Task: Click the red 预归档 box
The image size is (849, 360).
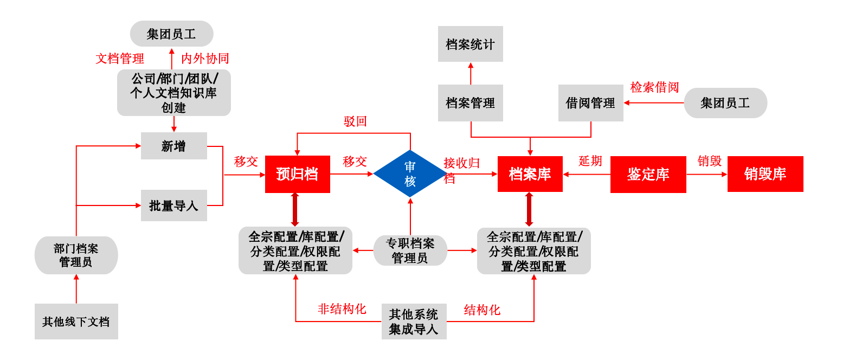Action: [x=297, y=174]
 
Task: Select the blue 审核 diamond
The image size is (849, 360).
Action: [x=410, y=174]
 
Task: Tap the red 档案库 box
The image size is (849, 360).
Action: [x=530, y=174]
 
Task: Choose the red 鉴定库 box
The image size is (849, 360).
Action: [x=648, y=174]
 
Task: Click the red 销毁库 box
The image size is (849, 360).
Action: [x=765, y=174]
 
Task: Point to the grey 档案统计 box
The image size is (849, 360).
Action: [x=470, y=44]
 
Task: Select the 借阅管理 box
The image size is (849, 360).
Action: [x=590, y=103]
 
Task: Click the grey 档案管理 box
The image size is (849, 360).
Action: [x=470, y=103]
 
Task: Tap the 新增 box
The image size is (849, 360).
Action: [x=173, y=146]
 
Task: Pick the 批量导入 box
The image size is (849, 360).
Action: [x=173, y=205]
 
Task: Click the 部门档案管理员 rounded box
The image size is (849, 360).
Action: [x=76, y=255]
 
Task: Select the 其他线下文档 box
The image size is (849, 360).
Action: [x=76, y=322]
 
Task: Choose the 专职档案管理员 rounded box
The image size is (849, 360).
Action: [x=410, y=250]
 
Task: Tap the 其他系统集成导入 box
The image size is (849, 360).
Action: [x=414, y=322]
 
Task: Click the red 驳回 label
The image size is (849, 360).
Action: [x=355, y=121]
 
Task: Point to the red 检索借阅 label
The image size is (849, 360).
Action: [x=654, y=87]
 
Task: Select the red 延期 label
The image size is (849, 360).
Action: [x=590, y=161]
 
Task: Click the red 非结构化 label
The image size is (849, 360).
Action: [x=342, y=309]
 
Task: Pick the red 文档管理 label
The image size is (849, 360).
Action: [x=120, y=59]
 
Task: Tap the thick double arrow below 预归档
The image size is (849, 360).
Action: [x=295, y=210]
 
